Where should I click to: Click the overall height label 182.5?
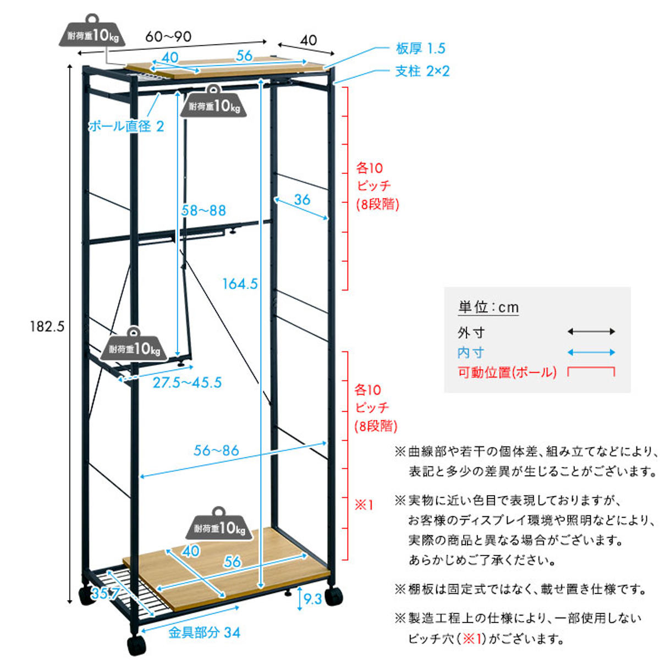pos(47,327)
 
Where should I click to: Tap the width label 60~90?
pos(168,37)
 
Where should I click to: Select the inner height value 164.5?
pos(240,284)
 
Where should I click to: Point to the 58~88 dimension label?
pos(204,210)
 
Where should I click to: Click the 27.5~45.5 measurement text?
pos(187,383)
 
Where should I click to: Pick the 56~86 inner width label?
pos(216,450)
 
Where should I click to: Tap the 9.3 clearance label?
pos(312,599)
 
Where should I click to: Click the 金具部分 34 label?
pos(204,632)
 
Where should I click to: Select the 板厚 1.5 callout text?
pos(420,48)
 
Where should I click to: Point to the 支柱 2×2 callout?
pos(422,71)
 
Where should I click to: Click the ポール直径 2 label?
pos(126,126)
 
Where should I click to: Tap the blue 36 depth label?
pos(302,200)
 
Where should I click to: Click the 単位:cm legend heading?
pos(488,307)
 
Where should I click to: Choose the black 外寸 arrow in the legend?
pos(591,332)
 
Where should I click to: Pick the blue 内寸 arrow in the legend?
pos(591,353)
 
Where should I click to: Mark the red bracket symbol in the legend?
pos(591,371)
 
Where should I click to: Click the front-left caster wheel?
pos(136,643)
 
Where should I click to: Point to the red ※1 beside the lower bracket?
pos(364,504)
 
